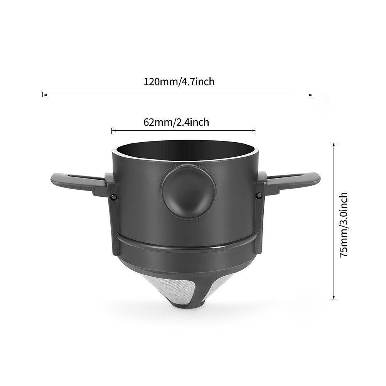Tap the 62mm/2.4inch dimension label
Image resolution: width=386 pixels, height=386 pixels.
176,122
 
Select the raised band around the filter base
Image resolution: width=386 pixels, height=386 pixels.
184,247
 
